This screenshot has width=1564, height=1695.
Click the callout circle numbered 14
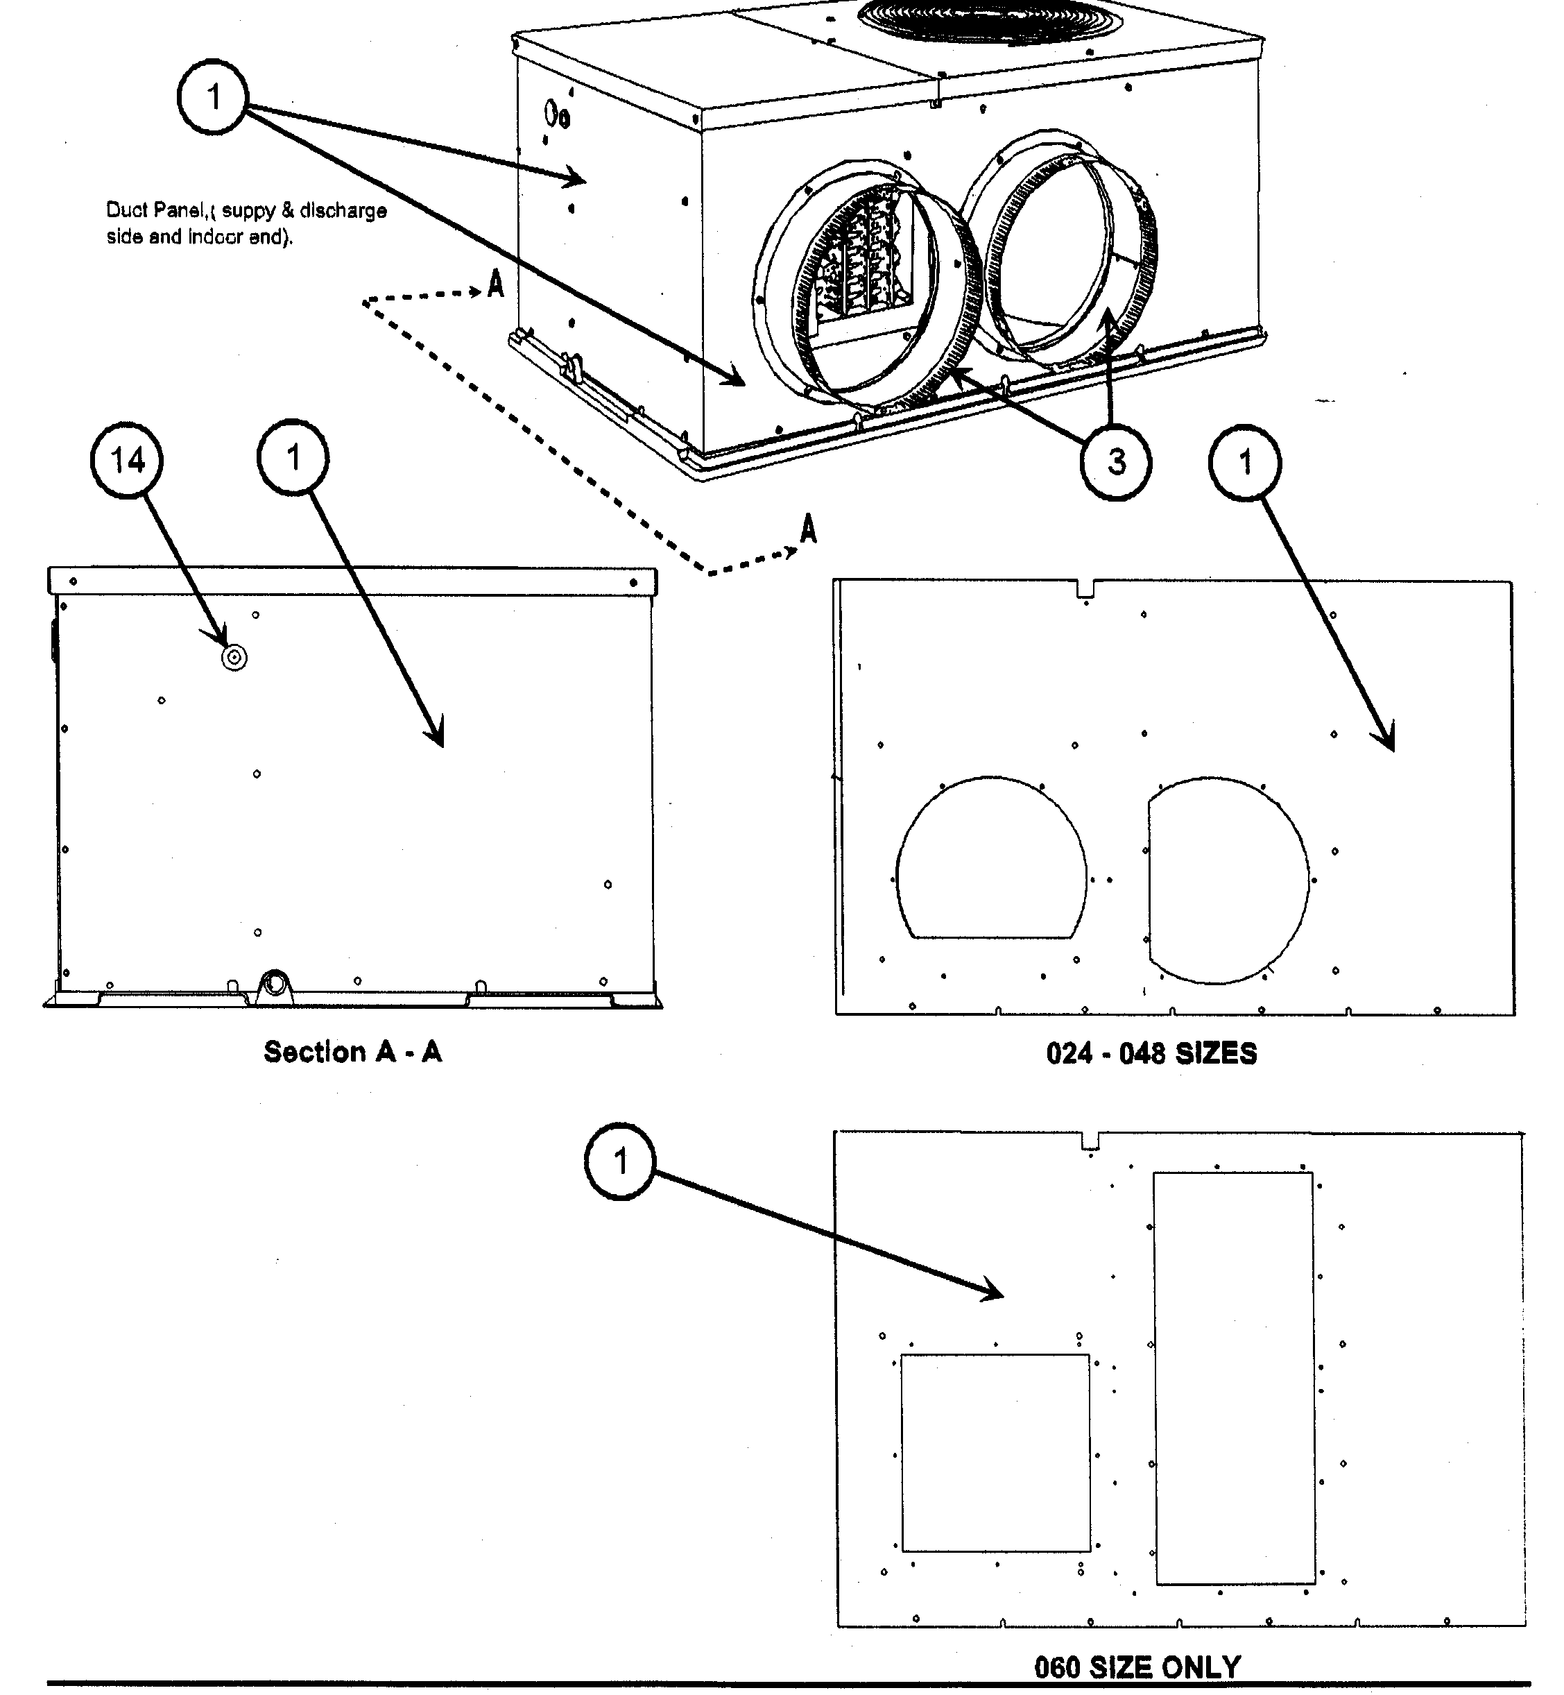[x=127, y=461]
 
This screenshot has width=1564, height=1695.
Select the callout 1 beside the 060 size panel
[x=620, y=1161]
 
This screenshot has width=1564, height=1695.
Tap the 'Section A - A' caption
[x=352, y=1053]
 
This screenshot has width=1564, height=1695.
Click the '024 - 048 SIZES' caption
[x=1151, y=1054]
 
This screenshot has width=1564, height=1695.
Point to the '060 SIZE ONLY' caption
[x=1137, y=1668]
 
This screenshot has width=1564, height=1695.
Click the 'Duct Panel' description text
[x=246, y=223]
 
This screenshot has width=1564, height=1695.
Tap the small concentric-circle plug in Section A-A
[x=234, y=658]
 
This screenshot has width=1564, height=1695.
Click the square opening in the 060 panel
[x=995, y=1453]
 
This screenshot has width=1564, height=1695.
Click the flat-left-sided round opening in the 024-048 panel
[x=1227, y=880]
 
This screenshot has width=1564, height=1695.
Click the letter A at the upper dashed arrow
[x=496, y=284]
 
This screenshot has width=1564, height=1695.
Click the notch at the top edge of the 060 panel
[x=1091, y=1141]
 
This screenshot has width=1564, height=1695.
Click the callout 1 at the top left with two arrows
[x=212, y=97]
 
